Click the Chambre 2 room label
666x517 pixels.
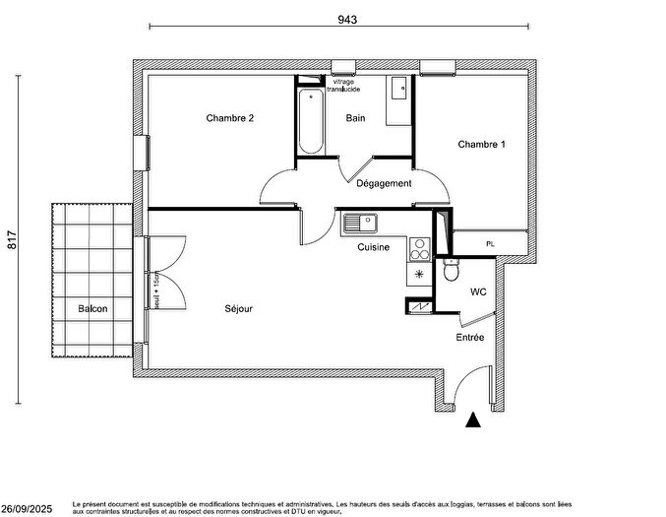click(x=230, y=118)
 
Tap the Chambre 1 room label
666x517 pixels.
click(x=481, y=144)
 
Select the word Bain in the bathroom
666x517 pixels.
click(x=355, y=118)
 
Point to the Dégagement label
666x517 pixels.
click(x=384, y=183)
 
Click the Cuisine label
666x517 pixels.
click(x=374, y=247)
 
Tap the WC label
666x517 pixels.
click(x=478, y=292)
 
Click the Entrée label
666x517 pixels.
click(x=468, y=338)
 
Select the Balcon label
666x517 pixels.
click(x=93, y=308)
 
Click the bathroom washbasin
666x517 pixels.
click(x=397, y=91)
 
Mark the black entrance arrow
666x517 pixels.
click(x=473, y=420)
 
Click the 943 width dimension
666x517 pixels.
click(x=345, y=19)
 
